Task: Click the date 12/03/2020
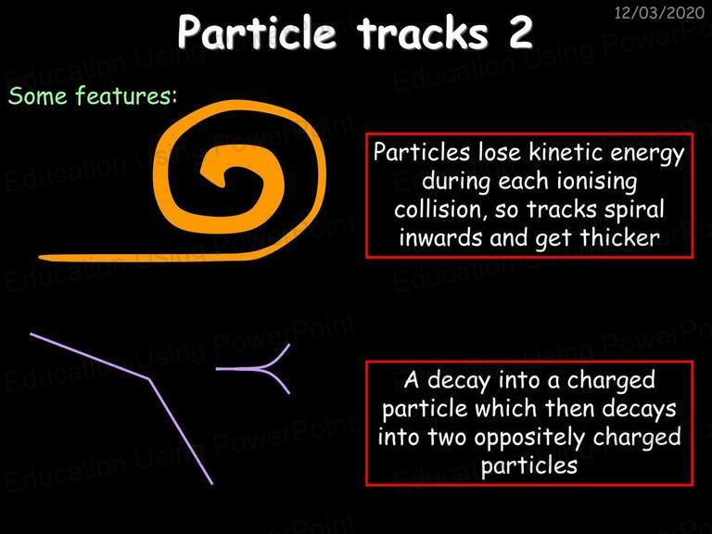[x=659, y=12]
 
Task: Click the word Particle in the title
[x=257, y=32]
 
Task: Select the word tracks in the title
[x=422, y=33]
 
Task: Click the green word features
[x=126, y=95]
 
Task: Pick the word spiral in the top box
[x=634, y=210]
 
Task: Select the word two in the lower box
[x=447, y=438]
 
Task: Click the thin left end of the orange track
[x=40, y=258]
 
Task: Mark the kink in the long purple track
[x=149, y=378]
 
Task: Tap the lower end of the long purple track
[x=211, y=484]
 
